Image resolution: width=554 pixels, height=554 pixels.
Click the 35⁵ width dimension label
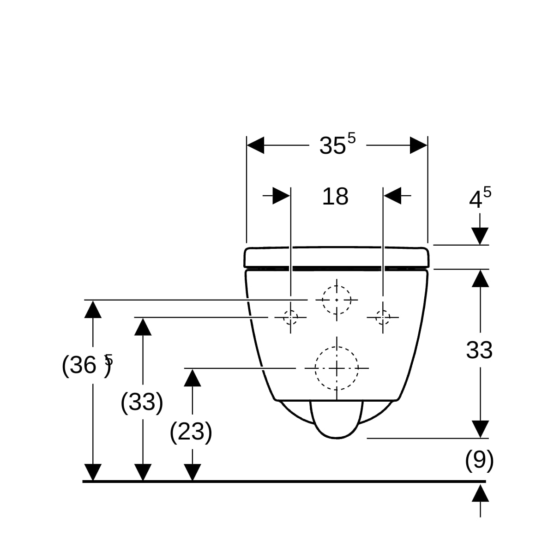pos(337,144)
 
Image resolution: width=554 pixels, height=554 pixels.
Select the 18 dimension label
pos(335,197)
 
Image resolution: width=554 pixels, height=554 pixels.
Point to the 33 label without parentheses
pos(479,350)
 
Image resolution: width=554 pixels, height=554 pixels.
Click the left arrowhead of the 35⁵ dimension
pos(255,145)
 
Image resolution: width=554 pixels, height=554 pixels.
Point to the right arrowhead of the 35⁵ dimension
pos(419,145)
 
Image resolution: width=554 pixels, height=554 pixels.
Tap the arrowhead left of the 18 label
pos(281,196)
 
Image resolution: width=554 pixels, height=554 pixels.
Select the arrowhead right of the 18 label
pos(392,196)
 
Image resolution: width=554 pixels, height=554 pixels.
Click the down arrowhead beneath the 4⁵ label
pos(480,236)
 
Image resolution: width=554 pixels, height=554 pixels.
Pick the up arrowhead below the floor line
pos(481,493)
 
